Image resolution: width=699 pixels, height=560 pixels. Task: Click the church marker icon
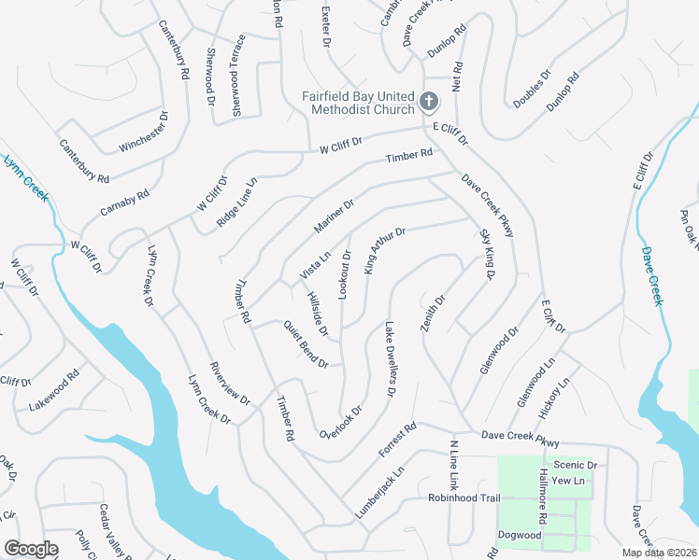point(429,101)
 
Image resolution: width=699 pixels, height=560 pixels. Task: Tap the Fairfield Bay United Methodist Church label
point(358,103)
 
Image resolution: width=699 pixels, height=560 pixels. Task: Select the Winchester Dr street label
point(144,133)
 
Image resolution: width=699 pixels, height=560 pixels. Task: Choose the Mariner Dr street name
point(335,217)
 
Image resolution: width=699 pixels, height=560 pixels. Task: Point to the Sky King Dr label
point(486,254)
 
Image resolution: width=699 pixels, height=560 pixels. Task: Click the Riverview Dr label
point(230,384)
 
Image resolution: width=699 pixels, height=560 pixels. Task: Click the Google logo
point(31,549)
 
